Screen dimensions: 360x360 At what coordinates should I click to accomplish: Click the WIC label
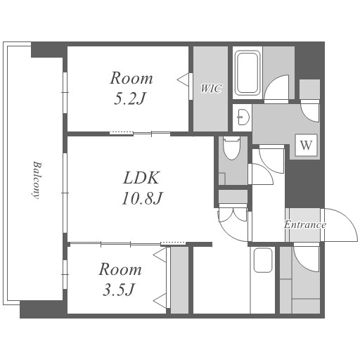pyautogui.click(x=211, y=89)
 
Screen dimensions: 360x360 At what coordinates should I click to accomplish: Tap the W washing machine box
pyautogui.click(x=306, y=145)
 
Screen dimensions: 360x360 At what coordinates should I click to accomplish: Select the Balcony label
pyautogui.click(x=37, y=180)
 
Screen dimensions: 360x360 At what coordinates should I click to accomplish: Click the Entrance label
pyautogui.click(x=305, y=224)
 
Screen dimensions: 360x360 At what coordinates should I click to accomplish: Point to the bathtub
pyautogui.click(x=247, y=72)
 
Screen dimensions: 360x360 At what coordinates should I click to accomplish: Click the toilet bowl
pyautogui.click(x=232, y=148)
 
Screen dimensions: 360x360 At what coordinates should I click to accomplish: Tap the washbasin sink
pyautogui.click(x=243, y=117)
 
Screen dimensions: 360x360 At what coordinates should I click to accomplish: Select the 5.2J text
pyautogui.click(x=130, y=98)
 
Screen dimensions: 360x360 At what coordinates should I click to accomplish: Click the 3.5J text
pyautogui.click(x=119, y=289)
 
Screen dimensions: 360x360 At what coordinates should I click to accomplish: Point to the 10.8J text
pyautogui.click(x=142, y=198)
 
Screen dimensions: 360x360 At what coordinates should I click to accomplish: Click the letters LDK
pyautogui.click(x=141, y=178)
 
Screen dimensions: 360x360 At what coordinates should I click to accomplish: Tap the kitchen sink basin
pyautogui.click(x=263, y=260)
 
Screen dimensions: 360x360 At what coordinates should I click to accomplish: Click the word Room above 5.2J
pyautogui.click(x=131, y=78)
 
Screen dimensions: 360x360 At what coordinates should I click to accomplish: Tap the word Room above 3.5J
pyautogui.click(x=120, y=269)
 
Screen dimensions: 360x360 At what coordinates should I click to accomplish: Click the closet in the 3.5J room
pyautogui.click(x=179, y=280)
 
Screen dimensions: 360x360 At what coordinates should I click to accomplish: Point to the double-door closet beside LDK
pyautogui.click(x=233, y=213)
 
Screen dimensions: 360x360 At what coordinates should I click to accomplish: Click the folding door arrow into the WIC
pyautogui.click(x=183, y=79)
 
